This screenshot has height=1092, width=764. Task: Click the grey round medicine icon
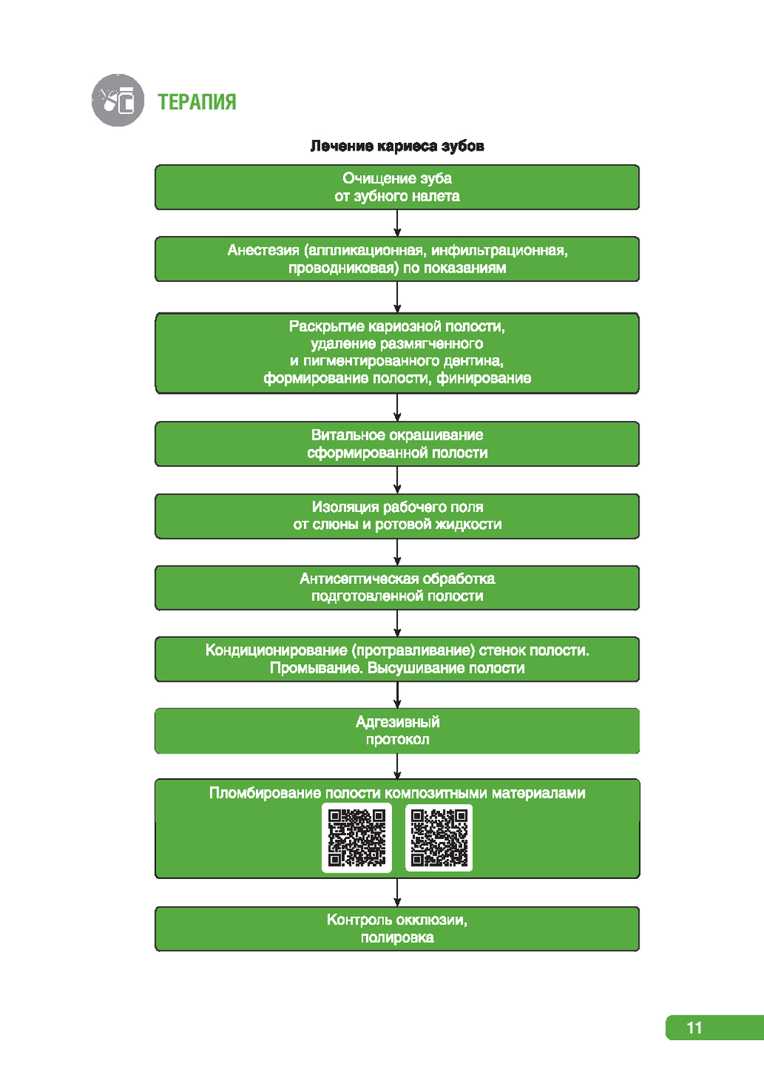118,100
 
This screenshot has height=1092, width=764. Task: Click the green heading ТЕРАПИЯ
196,102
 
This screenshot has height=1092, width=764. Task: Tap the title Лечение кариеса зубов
397,146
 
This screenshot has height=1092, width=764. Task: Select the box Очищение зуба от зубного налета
397,187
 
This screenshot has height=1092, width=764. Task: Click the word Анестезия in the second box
263,251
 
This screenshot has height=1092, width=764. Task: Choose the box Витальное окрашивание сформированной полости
397,444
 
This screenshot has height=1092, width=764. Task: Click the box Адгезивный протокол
397,731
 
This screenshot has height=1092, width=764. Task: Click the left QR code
357,838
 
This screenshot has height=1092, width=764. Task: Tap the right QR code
439,838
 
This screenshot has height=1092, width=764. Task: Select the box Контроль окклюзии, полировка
397,928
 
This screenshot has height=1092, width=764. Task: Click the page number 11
694,1028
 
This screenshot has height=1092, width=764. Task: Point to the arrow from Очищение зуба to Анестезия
397,223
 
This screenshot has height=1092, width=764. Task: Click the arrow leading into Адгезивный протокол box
397,695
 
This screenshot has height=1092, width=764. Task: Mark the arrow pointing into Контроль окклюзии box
397,893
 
